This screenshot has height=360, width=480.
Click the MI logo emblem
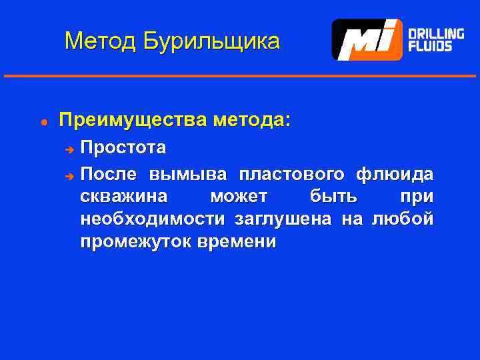coord(367,40)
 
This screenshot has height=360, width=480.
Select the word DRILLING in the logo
coord(436,33)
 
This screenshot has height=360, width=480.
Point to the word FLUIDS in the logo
coord(430,47)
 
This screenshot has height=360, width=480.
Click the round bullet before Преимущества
coord(43,122)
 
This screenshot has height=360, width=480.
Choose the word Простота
coord(123,146)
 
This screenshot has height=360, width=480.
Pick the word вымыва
coord(188,175)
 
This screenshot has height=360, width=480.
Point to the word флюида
coord(395,175)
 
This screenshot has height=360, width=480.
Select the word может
coord(239,197)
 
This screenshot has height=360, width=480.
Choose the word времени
coord(237,241)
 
